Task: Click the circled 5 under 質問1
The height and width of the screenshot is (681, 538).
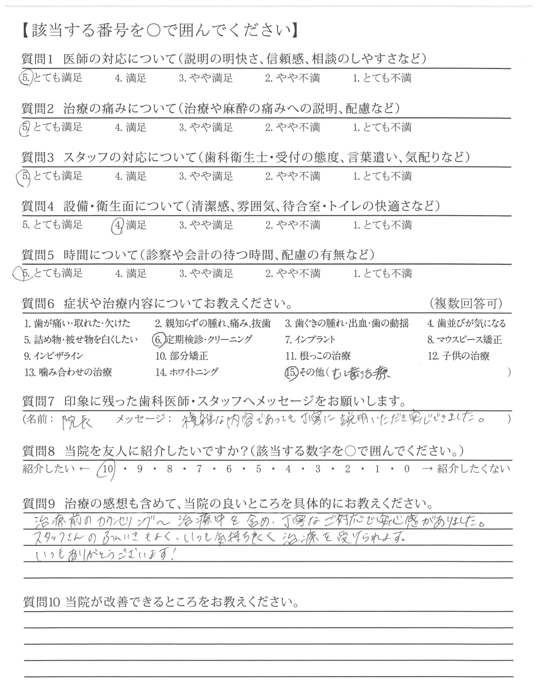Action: point(26,78)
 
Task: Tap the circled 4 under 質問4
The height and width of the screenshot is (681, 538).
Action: point(118,225)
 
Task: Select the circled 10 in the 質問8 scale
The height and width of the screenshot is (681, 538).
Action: point(108,469)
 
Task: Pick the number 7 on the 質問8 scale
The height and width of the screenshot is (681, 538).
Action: point(199,469)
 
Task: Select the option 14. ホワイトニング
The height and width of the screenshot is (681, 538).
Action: point(187,372)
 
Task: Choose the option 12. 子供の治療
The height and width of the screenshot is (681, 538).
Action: point(458,356)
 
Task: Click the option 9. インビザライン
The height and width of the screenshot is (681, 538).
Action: point(53,356)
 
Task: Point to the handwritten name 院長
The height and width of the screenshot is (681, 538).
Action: point(77,421)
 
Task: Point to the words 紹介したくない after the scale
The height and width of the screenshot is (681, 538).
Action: point(473,469)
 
